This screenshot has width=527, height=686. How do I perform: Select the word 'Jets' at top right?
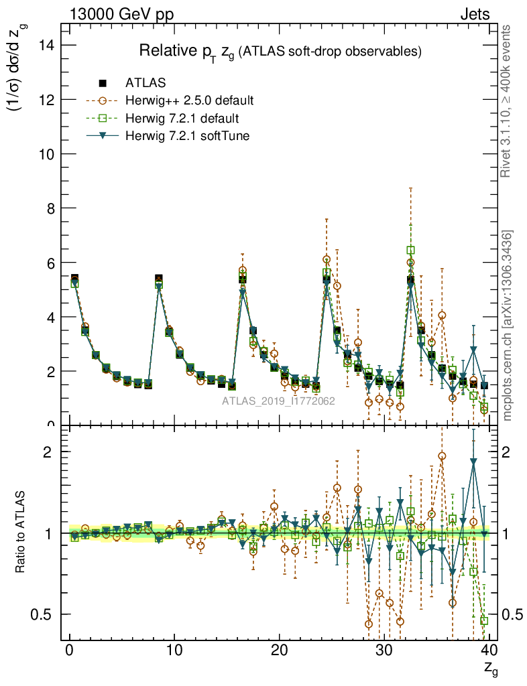point(474,14)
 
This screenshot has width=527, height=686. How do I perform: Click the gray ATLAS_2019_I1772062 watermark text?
point(278,401)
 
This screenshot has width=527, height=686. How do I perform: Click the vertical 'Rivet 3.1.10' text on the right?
point(507,100)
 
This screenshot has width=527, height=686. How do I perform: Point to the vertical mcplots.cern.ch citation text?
point(508,325)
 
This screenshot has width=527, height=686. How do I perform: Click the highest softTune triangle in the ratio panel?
point(473,462)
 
